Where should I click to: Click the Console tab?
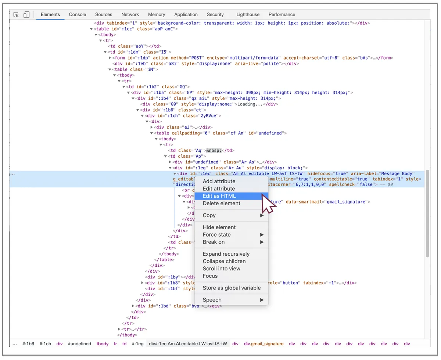tap(78, 14)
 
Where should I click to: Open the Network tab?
tap(130, 14)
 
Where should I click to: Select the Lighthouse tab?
tap(248, 14)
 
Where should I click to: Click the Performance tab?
tap(282, 14)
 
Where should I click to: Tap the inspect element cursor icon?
tap(16, 15)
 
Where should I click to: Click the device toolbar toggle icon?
tap(26, 14)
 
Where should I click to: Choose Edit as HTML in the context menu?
tap(219, 196)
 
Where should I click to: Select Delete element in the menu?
tap(222, 203)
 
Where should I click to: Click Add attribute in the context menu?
tap(219, 181)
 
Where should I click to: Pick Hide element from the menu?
tap(219, 227)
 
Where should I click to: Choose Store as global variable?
tap(232, 288)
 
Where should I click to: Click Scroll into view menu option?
tap(221, 269)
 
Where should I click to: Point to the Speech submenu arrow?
tap(262, 300)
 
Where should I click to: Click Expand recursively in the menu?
tap(226, 254)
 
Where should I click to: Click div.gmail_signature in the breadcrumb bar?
tap(263, 344)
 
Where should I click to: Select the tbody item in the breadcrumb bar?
tap(102, 344)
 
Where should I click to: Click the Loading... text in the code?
tap(250, 104)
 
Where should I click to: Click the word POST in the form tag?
tap(196, 58)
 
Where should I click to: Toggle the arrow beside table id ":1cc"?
tap(92, 29)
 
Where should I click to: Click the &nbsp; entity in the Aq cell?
tap(214, 150)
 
